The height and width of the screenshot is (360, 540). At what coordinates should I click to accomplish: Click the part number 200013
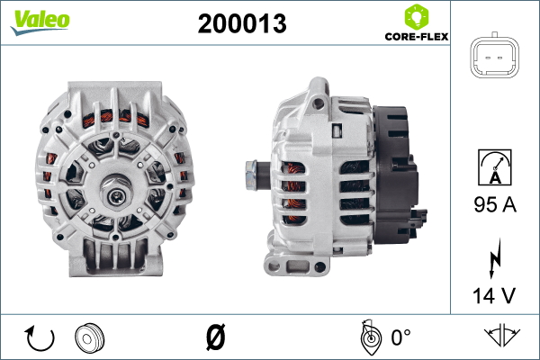point(241,25)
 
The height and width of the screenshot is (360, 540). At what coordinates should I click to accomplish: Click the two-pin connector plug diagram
point(496,60)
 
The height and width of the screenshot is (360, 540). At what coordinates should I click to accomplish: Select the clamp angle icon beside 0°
point(368,337)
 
